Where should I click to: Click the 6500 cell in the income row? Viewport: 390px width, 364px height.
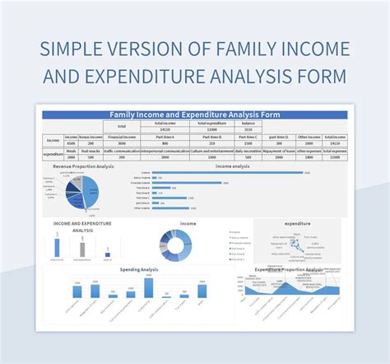point(72,143)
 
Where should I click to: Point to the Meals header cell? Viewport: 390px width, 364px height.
point(72,151)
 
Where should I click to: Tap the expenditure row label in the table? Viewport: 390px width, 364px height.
point(53,154)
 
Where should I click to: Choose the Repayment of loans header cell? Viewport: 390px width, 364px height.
point(278,151)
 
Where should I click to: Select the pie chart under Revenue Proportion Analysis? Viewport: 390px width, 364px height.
point(82,192)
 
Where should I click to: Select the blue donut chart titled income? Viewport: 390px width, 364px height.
point(175,245)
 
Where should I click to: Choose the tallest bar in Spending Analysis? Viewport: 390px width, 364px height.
point(149,287)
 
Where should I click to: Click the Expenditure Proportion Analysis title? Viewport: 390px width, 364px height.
point(288,269)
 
